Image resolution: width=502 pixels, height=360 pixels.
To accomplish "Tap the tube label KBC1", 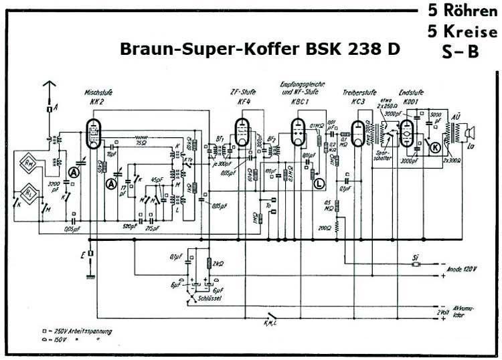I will [x=299, y=101].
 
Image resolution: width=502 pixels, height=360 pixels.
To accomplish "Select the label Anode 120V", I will [x=462, y=269].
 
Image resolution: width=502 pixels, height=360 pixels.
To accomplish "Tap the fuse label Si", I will [x=416, y=256].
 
